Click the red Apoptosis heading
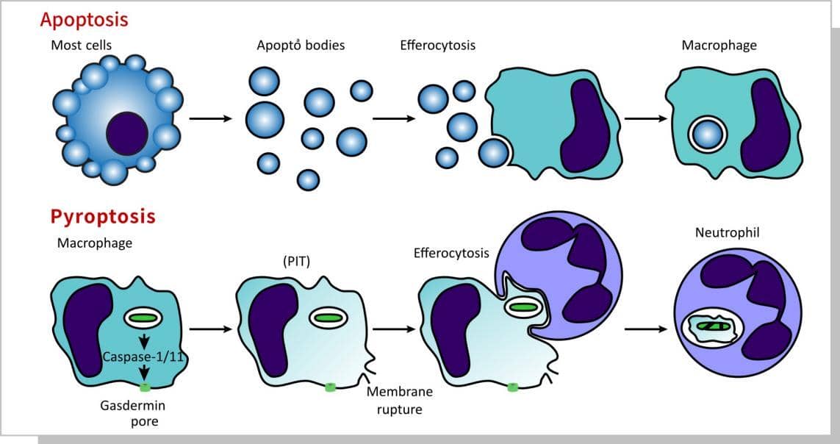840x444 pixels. (x=85, y=19)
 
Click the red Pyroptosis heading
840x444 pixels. (x=103, y=216)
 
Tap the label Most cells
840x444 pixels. (x=82, y=46)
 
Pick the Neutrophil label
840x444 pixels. (x=726, y=233)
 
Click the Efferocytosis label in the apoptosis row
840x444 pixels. (x=437, y=46)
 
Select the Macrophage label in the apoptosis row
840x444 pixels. (x=719, y=46)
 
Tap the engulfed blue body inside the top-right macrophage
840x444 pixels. (x=708, y=135)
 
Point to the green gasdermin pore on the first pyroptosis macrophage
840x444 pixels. (x=145, y=387)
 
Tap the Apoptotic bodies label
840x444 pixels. (x=301, y=46)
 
